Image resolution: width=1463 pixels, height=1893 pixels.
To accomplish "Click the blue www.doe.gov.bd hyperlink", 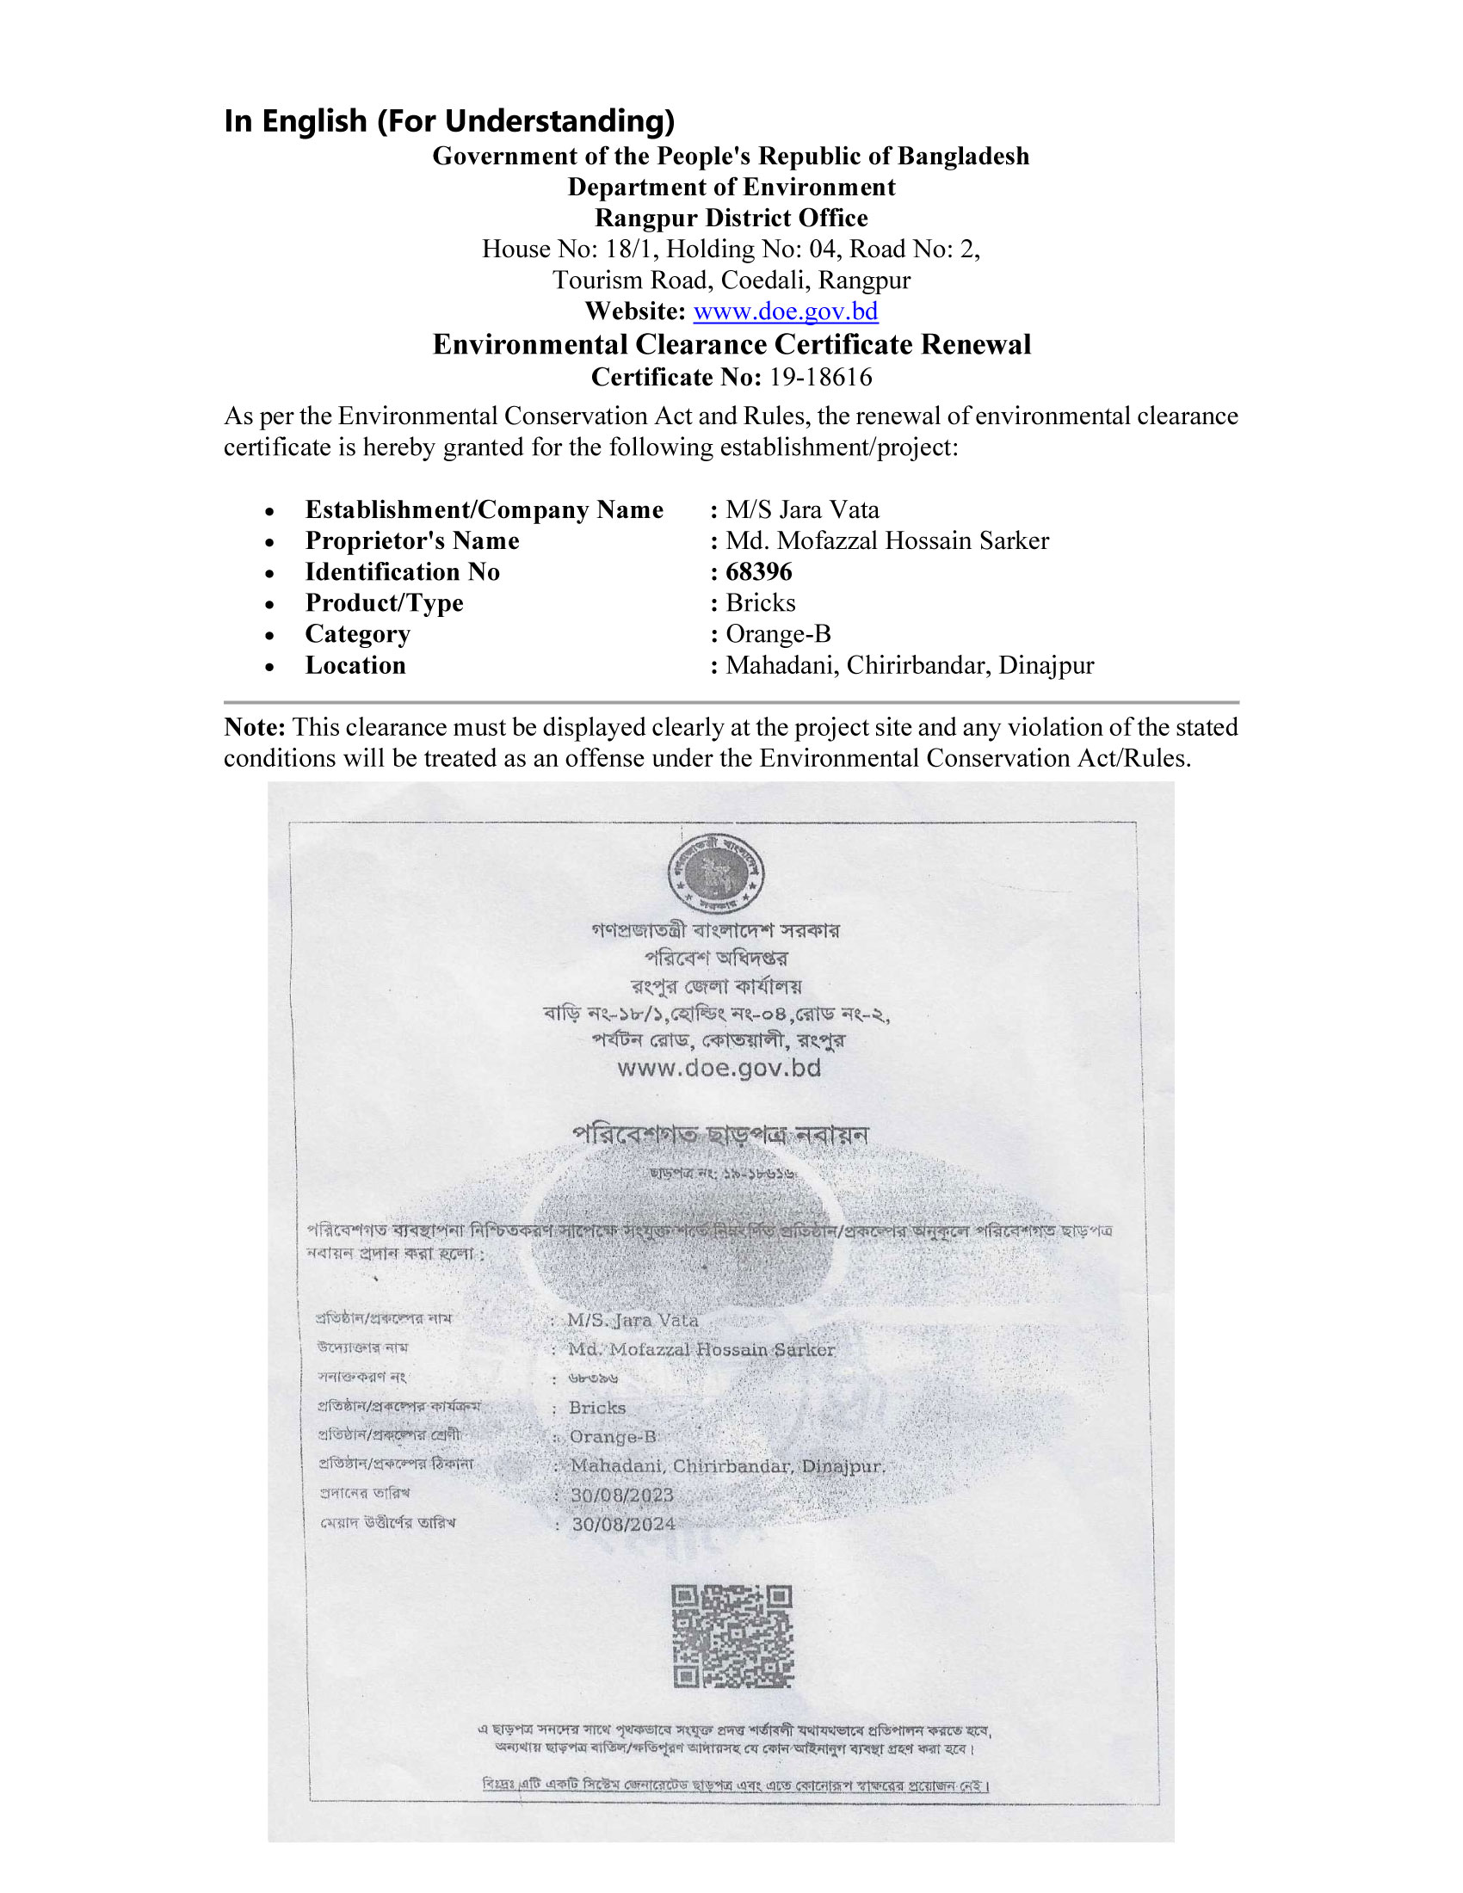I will pos(785,311).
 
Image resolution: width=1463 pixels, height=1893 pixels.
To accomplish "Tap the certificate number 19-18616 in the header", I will pos(820,377).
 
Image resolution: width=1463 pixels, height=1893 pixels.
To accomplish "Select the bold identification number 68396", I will pos(758,572).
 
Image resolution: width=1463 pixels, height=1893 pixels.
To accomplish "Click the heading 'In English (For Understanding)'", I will pos(449,120).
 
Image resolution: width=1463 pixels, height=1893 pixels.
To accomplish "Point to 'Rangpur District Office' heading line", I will pos(731,218).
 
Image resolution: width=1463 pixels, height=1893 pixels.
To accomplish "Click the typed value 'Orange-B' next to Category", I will pos(777,634).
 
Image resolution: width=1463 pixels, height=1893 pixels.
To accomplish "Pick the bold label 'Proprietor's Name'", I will pos(411,541).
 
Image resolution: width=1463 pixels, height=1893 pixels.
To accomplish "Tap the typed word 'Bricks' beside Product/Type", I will pos(760,603).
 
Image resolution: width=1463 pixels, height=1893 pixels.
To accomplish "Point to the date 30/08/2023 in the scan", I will pos(621,1495).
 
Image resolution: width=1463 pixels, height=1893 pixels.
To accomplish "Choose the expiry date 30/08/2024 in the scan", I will pos(623,1525).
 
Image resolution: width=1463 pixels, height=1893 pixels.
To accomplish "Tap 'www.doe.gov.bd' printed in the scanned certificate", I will pos(719,1068).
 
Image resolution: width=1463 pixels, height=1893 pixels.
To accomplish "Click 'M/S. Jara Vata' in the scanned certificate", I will pos(632,1320).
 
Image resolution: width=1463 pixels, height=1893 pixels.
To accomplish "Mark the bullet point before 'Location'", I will pos(270,667).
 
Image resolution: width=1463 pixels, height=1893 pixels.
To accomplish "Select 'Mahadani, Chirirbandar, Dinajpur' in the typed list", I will pos(909,666).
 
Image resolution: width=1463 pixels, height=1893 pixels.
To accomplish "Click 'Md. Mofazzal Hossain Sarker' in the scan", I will pos(701,1349).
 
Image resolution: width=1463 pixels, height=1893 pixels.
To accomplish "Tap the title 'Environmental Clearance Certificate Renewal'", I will pos(731,344).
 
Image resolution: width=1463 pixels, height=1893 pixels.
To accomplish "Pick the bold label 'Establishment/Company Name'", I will pos(484,509).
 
